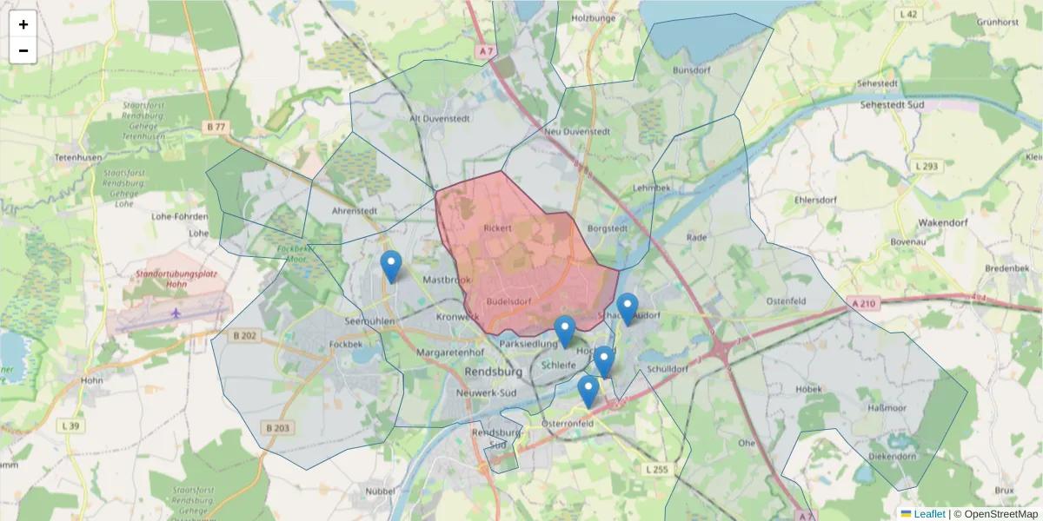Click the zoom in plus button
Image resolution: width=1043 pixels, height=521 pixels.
[23, 24]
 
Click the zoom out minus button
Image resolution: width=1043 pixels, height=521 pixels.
[23, 50]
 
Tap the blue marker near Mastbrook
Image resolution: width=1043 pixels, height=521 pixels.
[392, 266]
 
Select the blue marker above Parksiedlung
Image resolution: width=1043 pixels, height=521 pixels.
[565, 331]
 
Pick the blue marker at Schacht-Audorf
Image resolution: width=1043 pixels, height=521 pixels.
[627, 308]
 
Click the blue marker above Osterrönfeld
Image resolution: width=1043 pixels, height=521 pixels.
[588, 391]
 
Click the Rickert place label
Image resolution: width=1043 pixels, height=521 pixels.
[498, 228]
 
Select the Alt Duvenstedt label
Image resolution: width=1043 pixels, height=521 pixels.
[438, 118]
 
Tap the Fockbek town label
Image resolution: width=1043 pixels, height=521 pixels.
[345, 344]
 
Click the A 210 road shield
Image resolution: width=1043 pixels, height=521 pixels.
[861, 303]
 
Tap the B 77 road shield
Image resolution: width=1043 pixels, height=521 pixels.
[216, 127]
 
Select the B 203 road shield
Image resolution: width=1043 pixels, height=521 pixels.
[277, 427]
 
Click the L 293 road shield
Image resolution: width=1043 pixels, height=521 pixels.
[927, 166]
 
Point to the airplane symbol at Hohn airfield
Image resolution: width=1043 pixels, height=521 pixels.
[176, 313]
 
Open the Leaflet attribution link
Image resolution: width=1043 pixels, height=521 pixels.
[928, 514]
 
